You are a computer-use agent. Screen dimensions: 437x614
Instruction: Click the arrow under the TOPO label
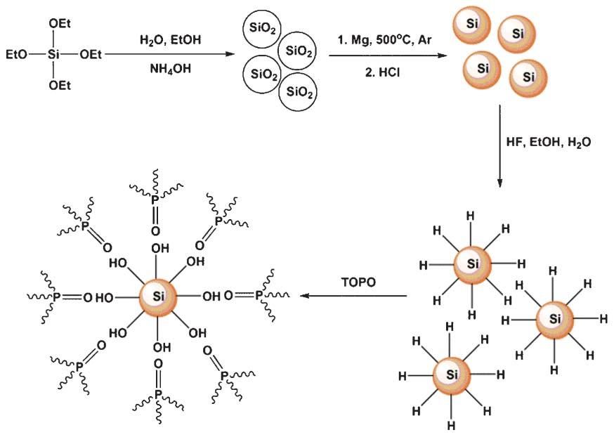coord(355,296)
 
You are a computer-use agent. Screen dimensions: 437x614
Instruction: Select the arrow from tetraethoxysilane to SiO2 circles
coord(169,54)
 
